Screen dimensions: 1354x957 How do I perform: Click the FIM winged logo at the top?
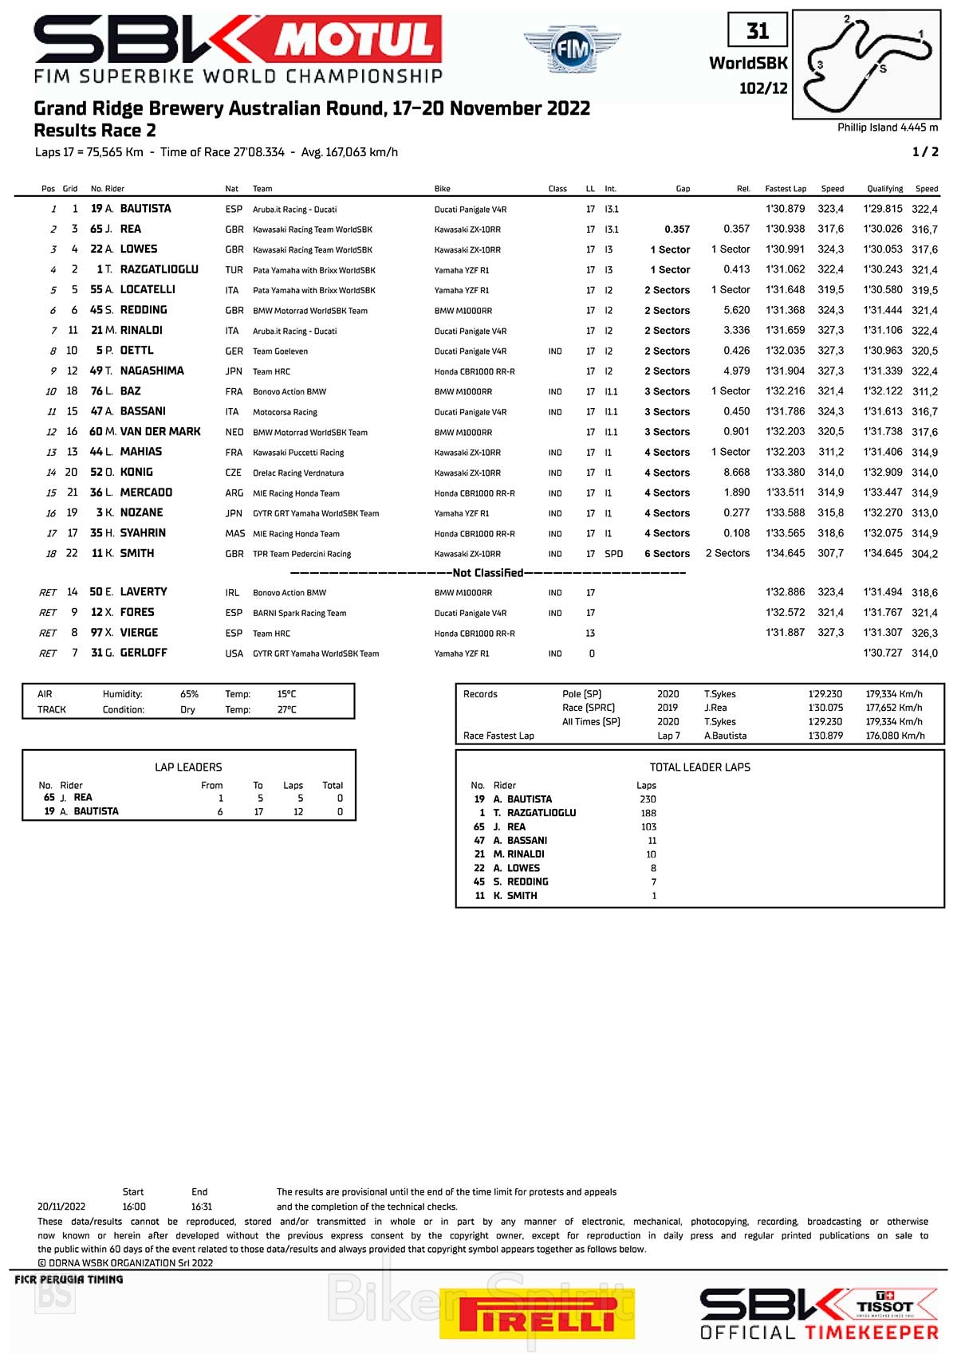point(572,49)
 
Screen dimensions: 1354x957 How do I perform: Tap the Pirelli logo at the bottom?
point(537,1313)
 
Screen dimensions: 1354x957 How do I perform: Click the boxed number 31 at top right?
point(758,31)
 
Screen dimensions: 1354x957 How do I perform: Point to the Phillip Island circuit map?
point(867,64)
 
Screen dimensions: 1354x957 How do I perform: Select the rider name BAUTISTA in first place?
point(145,209)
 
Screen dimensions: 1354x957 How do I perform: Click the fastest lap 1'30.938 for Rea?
point(785,229)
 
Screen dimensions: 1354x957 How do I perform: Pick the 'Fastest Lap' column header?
point(785,189)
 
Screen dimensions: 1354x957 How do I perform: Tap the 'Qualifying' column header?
point(884,189)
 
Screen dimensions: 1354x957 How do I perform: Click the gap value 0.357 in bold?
point(676,229)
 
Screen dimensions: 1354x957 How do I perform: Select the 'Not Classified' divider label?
point(487,573)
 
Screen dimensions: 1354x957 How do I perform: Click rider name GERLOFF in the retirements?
point(144,653)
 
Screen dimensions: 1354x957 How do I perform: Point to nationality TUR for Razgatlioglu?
point(234,269)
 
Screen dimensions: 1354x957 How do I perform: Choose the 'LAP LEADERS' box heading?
point(188,767)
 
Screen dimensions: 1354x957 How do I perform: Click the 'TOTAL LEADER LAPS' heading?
point(699,767)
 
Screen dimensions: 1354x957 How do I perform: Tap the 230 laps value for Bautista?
point(648,799)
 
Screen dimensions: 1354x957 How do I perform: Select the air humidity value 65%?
point(189,694)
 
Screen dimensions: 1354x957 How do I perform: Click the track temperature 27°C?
point(286,709)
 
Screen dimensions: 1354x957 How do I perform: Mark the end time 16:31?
point(201,1207)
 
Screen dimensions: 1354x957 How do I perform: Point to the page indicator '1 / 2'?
point(925,151)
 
